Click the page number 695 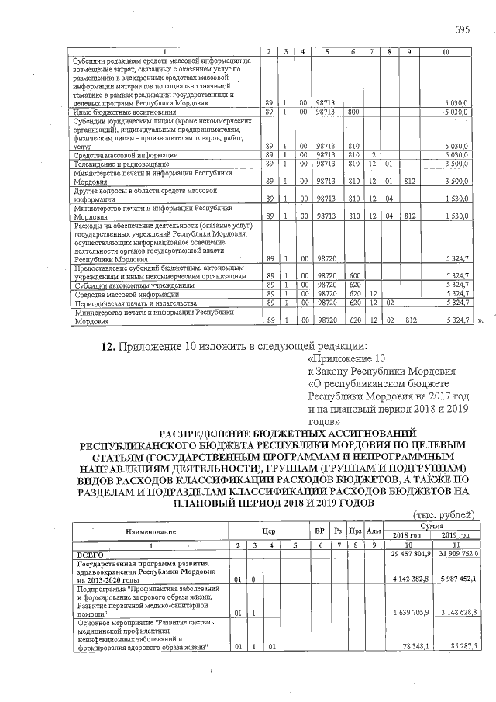[462, 29]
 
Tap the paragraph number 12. [109, 346]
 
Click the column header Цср [269, 531]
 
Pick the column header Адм [373, 531]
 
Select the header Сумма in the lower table [432, 526]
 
